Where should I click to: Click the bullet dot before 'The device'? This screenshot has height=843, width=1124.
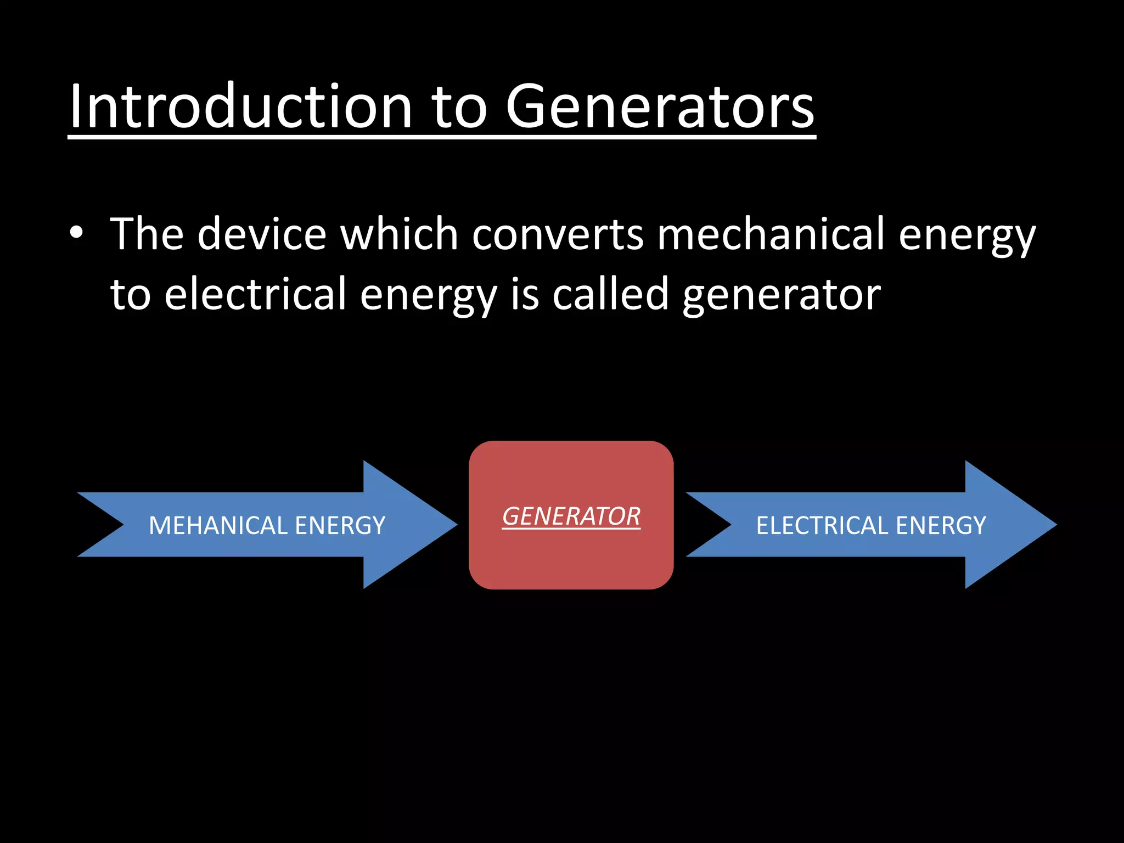tap(76, 233)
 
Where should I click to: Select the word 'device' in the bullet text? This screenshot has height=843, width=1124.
tap(262, 234)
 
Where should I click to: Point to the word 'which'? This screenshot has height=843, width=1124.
tap(399, 234)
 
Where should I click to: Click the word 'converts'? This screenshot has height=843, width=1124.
tap(558, 234)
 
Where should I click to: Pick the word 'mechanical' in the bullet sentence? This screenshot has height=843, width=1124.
tap(771, 234)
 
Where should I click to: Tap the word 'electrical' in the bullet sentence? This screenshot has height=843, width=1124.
tap(255, 294)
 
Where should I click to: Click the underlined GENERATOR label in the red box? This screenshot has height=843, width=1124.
tap(571, 516)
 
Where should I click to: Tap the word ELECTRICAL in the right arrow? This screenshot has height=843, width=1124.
tap(822, 526)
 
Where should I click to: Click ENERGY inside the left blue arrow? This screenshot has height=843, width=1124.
tap(340, 526)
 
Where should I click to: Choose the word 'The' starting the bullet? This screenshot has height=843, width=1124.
tap(147, 234)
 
